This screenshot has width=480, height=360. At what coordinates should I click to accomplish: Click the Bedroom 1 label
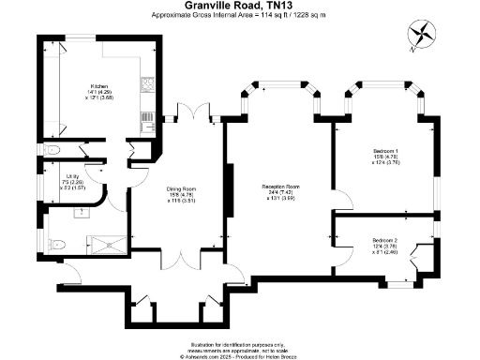coord(384,156)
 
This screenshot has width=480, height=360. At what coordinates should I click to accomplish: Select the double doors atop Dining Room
coord(193,117)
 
